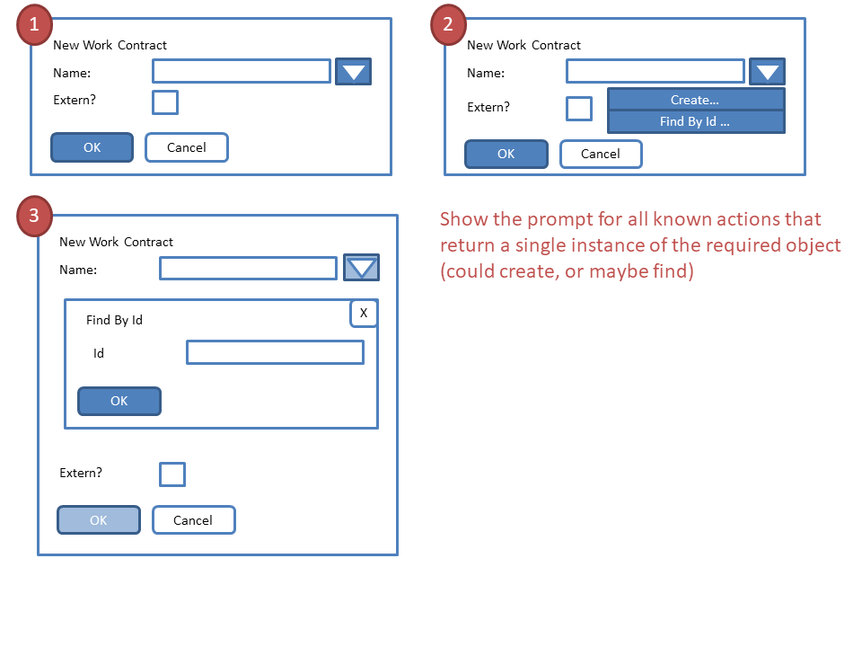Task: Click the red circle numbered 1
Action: [x=35, y=26]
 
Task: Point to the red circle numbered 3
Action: [x=35, y=217]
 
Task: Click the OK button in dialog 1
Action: [x=92, y=147]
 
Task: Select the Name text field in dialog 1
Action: [x=242, y=71]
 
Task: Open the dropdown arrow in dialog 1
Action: [x=353, y=72]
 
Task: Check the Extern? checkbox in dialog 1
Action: [x=165, y=102]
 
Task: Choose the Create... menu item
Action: [x=696, y=100]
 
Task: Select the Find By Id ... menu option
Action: [x=696, y=121]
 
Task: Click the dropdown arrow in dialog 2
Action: [x=767, y=72]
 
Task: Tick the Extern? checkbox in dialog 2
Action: [x=579, y=109]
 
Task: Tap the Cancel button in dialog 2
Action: [x=601, y=154]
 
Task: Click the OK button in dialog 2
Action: [x=506, y=154]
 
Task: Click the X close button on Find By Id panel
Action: [x=364, y=313]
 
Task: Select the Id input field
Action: [x=275, y=352]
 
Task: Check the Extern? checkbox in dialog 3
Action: [x=172, y=474]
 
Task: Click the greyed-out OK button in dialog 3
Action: [x=99, y=519]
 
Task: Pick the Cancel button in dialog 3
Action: [x=193, y=519]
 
